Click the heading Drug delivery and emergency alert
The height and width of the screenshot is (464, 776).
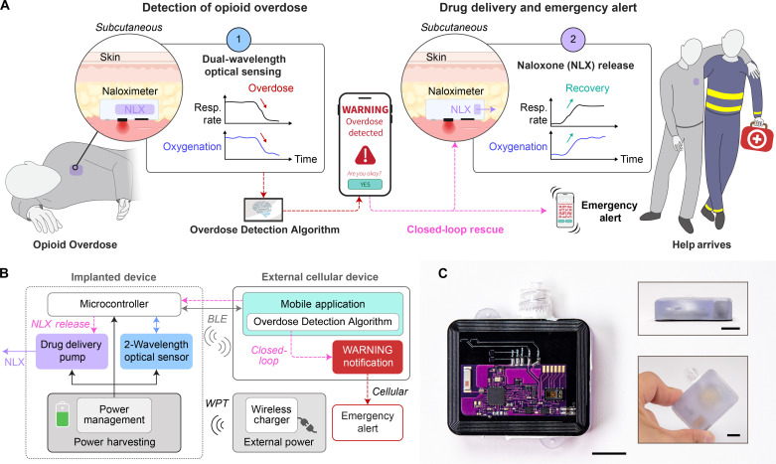566,9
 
